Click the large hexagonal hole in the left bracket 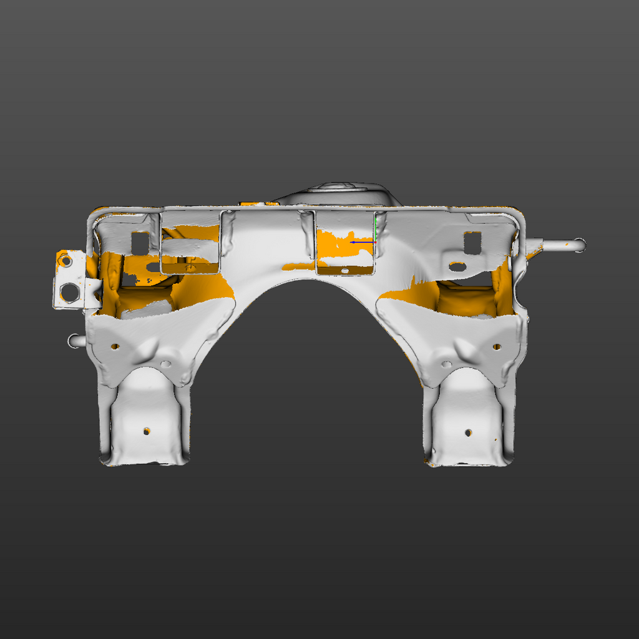coord(70,291)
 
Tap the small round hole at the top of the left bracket coord(64,261)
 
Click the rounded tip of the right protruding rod coord(580,245)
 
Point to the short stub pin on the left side coord(74,341)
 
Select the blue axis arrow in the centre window coord(362,242)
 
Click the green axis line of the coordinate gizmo coord(376,228)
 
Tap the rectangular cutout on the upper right coord(472,242)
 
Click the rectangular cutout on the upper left coord(140,243)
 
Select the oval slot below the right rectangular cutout coord(457,267)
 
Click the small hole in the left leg coord(147,431)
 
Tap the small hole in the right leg coord(468,432)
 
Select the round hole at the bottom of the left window coord(191,268)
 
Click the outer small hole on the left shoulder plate coord(115,346)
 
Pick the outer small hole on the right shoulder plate coord(497,346)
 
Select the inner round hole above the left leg coord(166,364)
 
